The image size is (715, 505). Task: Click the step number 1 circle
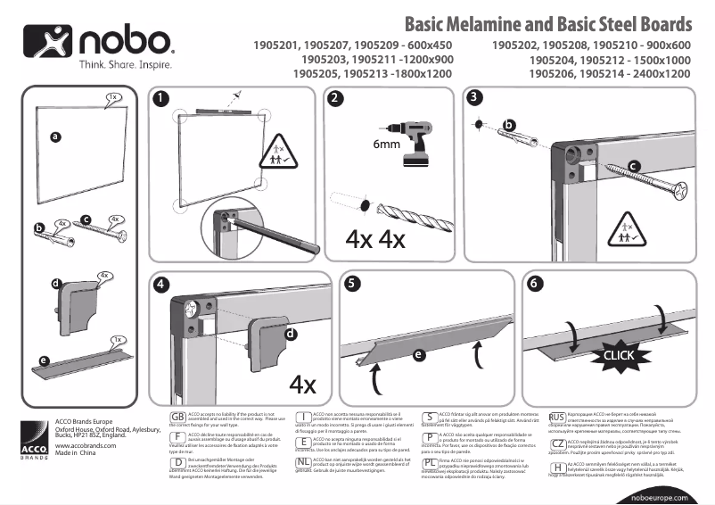pos(160,99)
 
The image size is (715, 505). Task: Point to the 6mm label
pos(385,143)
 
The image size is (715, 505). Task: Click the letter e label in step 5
pos(418,354)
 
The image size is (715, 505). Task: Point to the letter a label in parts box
pos(55,137)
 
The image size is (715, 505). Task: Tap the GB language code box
pos(177,418)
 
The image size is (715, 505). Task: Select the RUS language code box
pos(557,418)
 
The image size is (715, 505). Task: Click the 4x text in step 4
pos(303,384)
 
